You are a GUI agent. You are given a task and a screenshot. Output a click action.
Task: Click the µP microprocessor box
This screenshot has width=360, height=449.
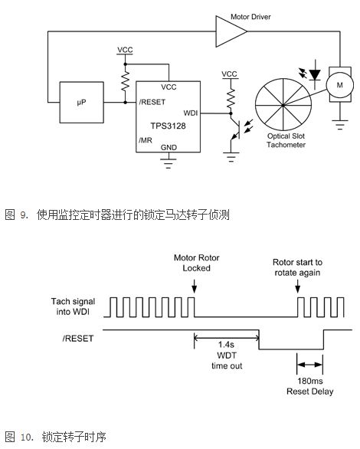(81, 102)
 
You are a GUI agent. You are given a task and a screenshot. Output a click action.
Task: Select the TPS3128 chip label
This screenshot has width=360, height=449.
(169, 126)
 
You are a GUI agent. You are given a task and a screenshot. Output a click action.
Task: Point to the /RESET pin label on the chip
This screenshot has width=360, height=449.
(152, 102)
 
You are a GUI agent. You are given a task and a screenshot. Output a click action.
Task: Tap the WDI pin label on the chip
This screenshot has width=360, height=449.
(191, 113)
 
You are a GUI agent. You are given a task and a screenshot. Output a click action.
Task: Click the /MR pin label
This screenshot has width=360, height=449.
(146, 140)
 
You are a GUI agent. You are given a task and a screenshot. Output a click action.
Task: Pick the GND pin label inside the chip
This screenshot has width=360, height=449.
(169, 147)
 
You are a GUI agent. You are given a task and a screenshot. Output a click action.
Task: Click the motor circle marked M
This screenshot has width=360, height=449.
(339, 85)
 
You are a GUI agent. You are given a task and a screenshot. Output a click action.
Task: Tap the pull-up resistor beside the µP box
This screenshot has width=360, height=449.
(125, 81)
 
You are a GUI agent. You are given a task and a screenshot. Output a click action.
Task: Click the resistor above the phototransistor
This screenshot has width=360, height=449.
(231, 98)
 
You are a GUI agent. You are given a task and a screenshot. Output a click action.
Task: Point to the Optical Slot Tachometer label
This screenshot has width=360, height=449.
(286, 140)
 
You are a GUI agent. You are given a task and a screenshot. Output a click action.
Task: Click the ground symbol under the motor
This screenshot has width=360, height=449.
(340, 125)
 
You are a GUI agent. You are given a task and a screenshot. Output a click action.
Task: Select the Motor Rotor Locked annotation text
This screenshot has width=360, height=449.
(197, 263)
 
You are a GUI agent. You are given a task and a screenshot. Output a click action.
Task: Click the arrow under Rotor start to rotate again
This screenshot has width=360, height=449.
(298, 286)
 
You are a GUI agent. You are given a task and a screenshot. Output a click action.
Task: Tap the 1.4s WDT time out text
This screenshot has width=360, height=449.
(227, 355)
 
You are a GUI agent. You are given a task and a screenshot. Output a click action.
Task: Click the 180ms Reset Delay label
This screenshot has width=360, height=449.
(310, 386)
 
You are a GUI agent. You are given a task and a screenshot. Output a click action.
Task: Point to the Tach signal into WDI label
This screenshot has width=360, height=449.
(73, 306)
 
